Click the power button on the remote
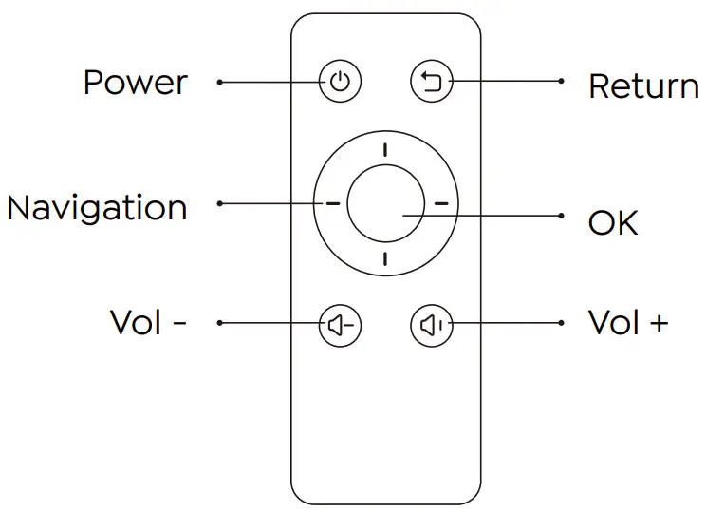tap(340, 83)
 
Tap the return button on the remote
tap(433, 83)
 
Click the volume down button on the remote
tap(340, 325)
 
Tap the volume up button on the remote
tap(433, 325)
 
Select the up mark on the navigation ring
tap(385, 149)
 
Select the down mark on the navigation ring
tap(385, 258)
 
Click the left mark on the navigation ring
tap(331, 203)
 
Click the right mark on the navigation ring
tap(440, 203)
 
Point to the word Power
tap(135, 84)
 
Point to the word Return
tap(643, 86)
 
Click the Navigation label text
tap(97, 208)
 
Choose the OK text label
tap(613, 223)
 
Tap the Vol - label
tap(148, 323)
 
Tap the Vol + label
tap(628, 323)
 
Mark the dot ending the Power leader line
tap(219, 83)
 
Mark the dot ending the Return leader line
tap(564, 83)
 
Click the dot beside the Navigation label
tap(219, 203)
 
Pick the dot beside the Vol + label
tap(564, 324)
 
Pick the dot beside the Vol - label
tap(219, 324)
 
